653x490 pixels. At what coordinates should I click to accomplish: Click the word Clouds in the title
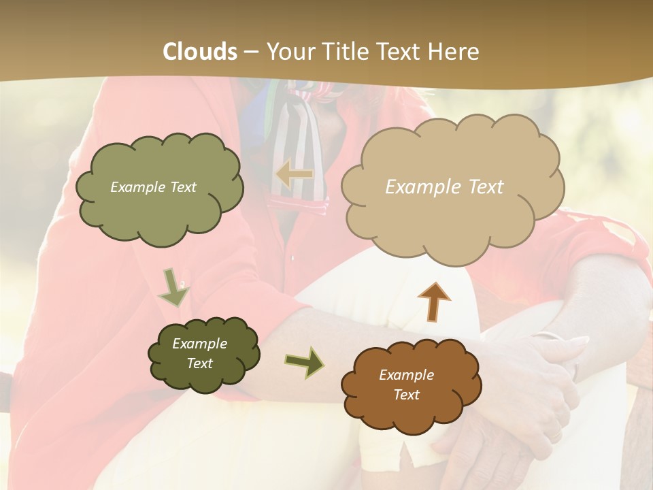click(x=200, y=51)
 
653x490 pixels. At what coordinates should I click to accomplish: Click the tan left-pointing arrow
click(x=295, y=175)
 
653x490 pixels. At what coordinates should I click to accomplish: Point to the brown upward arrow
click(x=434, y=301)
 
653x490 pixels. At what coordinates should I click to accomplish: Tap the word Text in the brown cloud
click(x=406, y=395)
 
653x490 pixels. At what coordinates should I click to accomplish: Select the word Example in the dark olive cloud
click(x=199, y=344)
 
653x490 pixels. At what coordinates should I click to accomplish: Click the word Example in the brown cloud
click(x=406, y=375)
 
